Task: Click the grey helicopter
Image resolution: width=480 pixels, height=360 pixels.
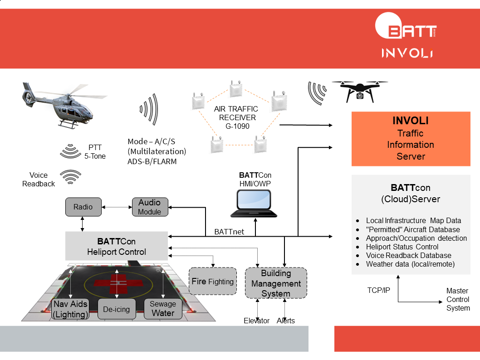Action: tap(61, 104)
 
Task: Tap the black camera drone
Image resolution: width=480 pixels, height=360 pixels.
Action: tap(359, 90)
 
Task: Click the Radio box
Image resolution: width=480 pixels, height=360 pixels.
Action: tap(83, 207)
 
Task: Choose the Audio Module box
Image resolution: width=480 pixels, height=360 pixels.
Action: tap(150, 207)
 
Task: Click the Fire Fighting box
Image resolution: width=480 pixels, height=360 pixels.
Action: tap(212, 281)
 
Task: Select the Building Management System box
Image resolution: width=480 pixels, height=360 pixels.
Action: tap(276, 283)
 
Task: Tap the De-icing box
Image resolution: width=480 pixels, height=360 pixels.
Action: tap(116, 309)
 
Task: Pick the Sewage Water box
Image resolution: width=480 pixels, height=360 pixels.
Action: tap(163, 309)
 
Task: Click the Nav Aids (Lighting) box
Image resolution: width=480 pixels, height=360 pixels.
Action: tap(70, 309)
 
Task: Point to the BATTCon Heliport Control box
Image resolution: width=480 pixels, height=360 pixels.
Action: tap(116, 246)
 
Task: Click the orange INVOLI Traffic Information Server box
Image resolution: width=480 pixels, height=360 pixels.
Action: tap(411, 139)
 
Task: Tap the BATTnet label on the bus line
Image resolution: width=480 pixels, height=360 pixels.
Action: tap(229, 232)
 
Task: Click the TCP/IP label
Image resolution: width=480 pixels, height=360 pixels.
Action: tap(378, 290)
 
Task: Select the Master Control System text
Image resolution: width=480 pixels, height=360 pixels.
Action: tap(458, 299)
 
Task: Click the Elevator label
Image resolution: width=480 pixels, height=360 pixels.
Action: tap(257, 321)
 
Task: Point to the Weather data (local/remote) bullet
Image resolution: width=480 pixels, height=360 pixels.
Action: tap(410, 264)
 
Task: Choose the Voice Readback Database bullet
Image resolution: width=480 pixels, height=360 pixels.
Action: tap(408, 255)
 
